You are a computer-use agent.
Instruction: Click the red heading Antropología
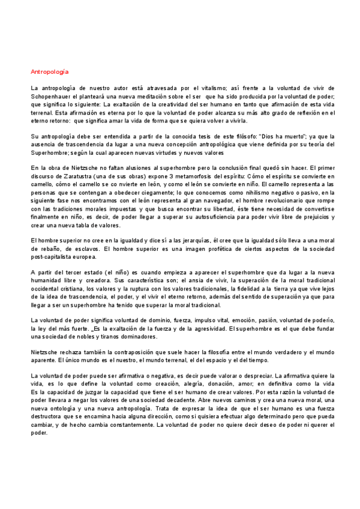(x=49, y=71)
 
